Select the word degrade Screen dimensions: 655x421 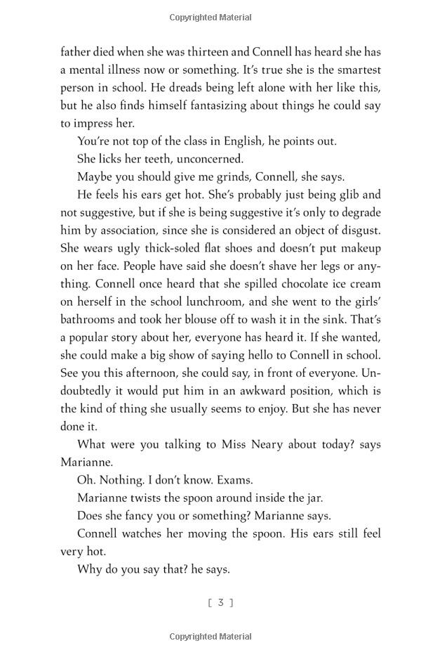[x=359, y=213]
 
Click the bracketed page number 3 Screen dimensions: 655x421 [x=220, y=602]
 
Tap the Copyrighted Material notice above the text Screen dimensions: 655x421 [x=210, y=16]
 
